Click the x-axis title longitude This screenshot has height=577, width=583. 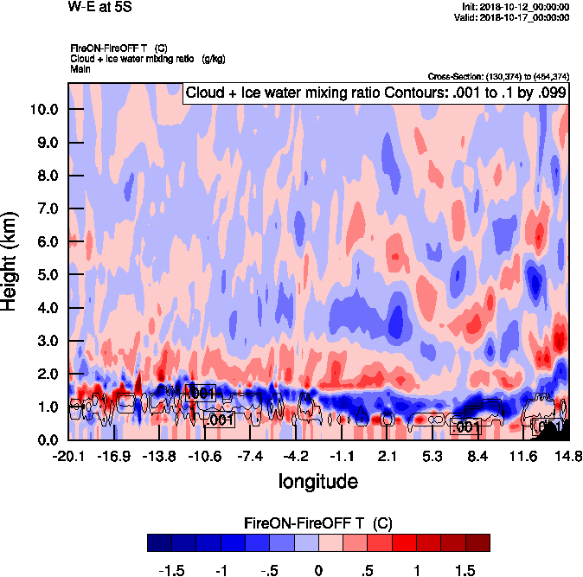point(317,479)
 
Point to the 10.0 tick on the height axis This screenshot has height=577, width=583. point(43,110)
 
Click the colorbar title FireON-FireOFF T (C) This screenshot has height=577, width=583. point(318,523)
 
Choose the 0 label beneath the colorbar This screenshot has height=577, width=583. point(318,570)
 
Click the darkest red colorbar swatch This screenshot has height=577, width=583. point(477,543)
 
